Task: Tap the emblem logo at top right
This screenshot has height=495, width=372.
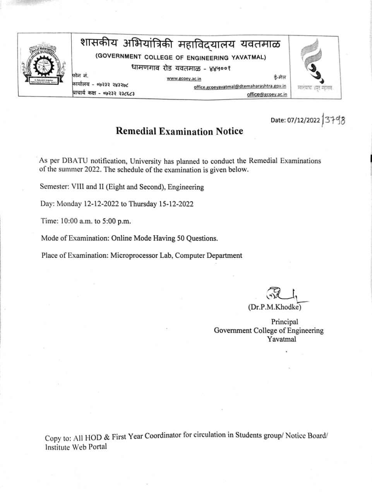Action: (315, 62)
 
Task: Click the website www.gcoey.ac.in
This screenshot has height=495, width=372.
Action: (184, 79)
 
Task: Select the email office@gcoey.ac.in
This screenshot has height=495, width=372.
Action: (267, 94)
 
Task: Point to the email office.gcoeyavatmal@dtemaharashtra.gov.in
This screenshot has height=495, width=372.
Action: (240, 87)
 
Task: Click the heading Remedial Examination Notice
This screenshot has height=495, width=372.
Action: (179, 131)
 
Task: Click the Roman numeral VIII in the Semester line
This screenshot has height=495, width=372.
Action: (77, 187)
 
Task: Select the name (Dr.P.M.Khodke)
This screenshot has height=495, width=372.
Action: (274, 307)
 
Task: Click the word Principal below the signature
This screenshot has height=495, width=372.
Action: (285, 322)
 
